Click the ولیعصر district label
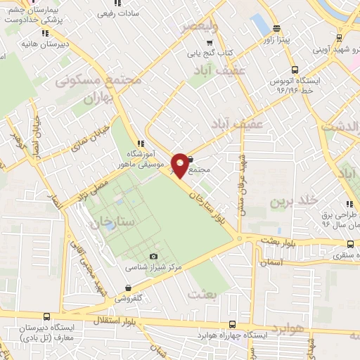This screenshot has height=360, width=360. pyautogui.click(x=200, y=27)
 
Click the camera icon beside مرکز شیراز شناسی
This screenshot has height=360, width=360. pyautogui.click(x=153, y=257)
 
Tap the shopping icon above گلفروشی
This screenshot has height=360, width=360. pyautogui.click(x=127, y=288)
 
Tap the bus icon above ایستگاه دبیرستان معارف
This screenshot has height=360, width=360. pyautogui.click(x=46, y=318)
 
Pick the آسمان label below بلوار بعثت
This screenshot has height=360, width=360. pyautogui.click(x=270, y=262)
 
